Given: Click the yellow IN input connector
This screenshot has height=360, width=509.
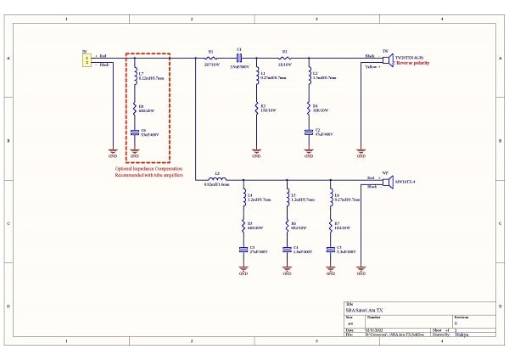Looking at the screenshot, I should pyautogui.click(x=86, y=60).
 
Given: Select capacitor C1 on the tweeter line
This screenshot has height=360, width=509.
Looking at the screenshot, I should pyautogui.click(x=239, y=58).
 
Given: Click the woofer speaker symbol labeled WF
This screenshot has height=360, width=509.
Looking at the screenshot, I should pyautogui.click(x=386, y=183).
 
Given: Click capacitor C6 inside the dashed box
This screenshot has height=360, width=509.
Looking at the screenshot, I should pyautogui.click(x=135, y=132).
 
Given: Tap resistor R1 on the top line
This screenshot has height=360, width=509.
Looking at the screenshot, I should pyautogui.click(x=210, y=58).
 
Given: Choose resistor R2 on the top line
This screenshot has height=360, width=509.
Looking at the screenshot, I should pyautogui.click(x=285, y=58).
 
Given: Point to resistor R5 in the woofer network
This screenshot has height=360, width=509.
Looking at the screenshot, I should pyautogui.click(x=243, y=227).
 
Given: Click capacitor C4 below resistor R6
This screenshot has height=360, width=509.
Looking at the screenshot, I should pyautogui.click(x=287, y=250).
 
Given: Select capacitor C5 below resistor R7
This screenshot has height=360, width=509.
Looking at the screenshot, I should pyautogui.click(x=329, y=250).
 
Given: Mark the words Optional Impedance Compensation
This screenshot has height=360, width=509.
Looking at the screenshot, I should pyautogui.click(x=148, y=168).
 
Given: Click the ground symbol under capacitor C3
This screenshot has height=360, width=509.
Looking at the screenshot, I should pyautogui.click(x=243, y=271).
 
